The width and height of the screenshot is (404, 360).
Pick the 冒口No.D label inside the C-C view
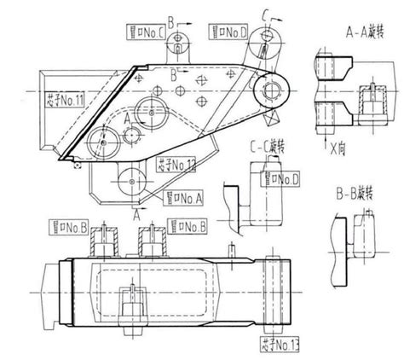pos(283,177)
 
